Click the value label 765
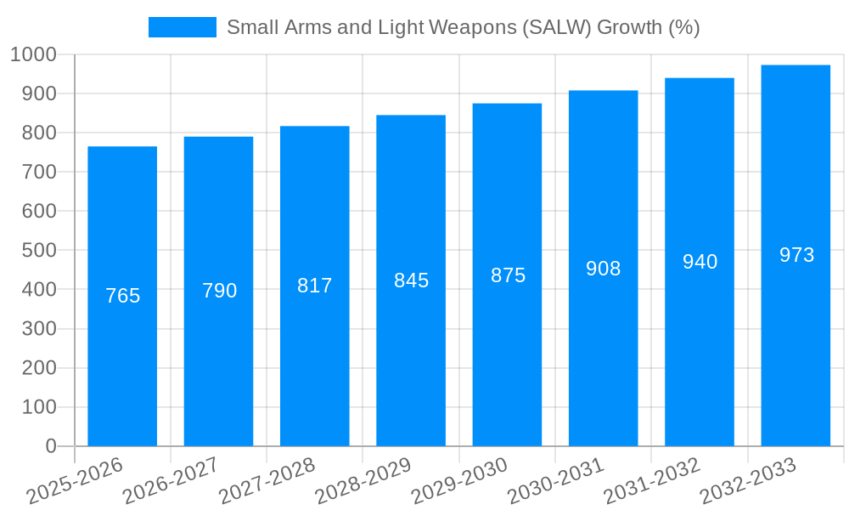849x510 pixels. (x=122, y=296)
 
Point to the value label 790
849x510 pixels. (x=219, y=291)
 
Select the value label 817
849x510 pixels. (x=315, y=286)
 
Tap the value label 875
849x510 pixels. (x=508, y=275)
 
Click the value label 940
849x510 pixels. (x=700, y=262)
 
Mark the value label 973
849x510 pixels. (x=796, y=255)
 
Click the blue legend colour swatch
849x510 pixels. (x=182, y=27)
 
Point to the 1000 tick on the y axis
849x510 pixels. (x=33, y=54)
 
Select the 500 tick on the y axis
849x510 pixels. (x=39, y=251)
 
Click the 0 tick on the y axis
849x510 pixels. (x=50, y=446)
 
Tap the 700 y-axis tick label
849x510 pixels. (x=39, y=172)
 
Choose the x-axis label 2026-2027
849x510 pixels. (x=171, y=481)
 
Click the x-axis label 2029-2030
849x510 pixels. (x=459, y=481)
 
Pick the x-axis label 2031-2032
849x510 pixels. (x=652, y=481)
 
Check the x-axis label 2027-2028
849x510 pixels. (x=267, y=481)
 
